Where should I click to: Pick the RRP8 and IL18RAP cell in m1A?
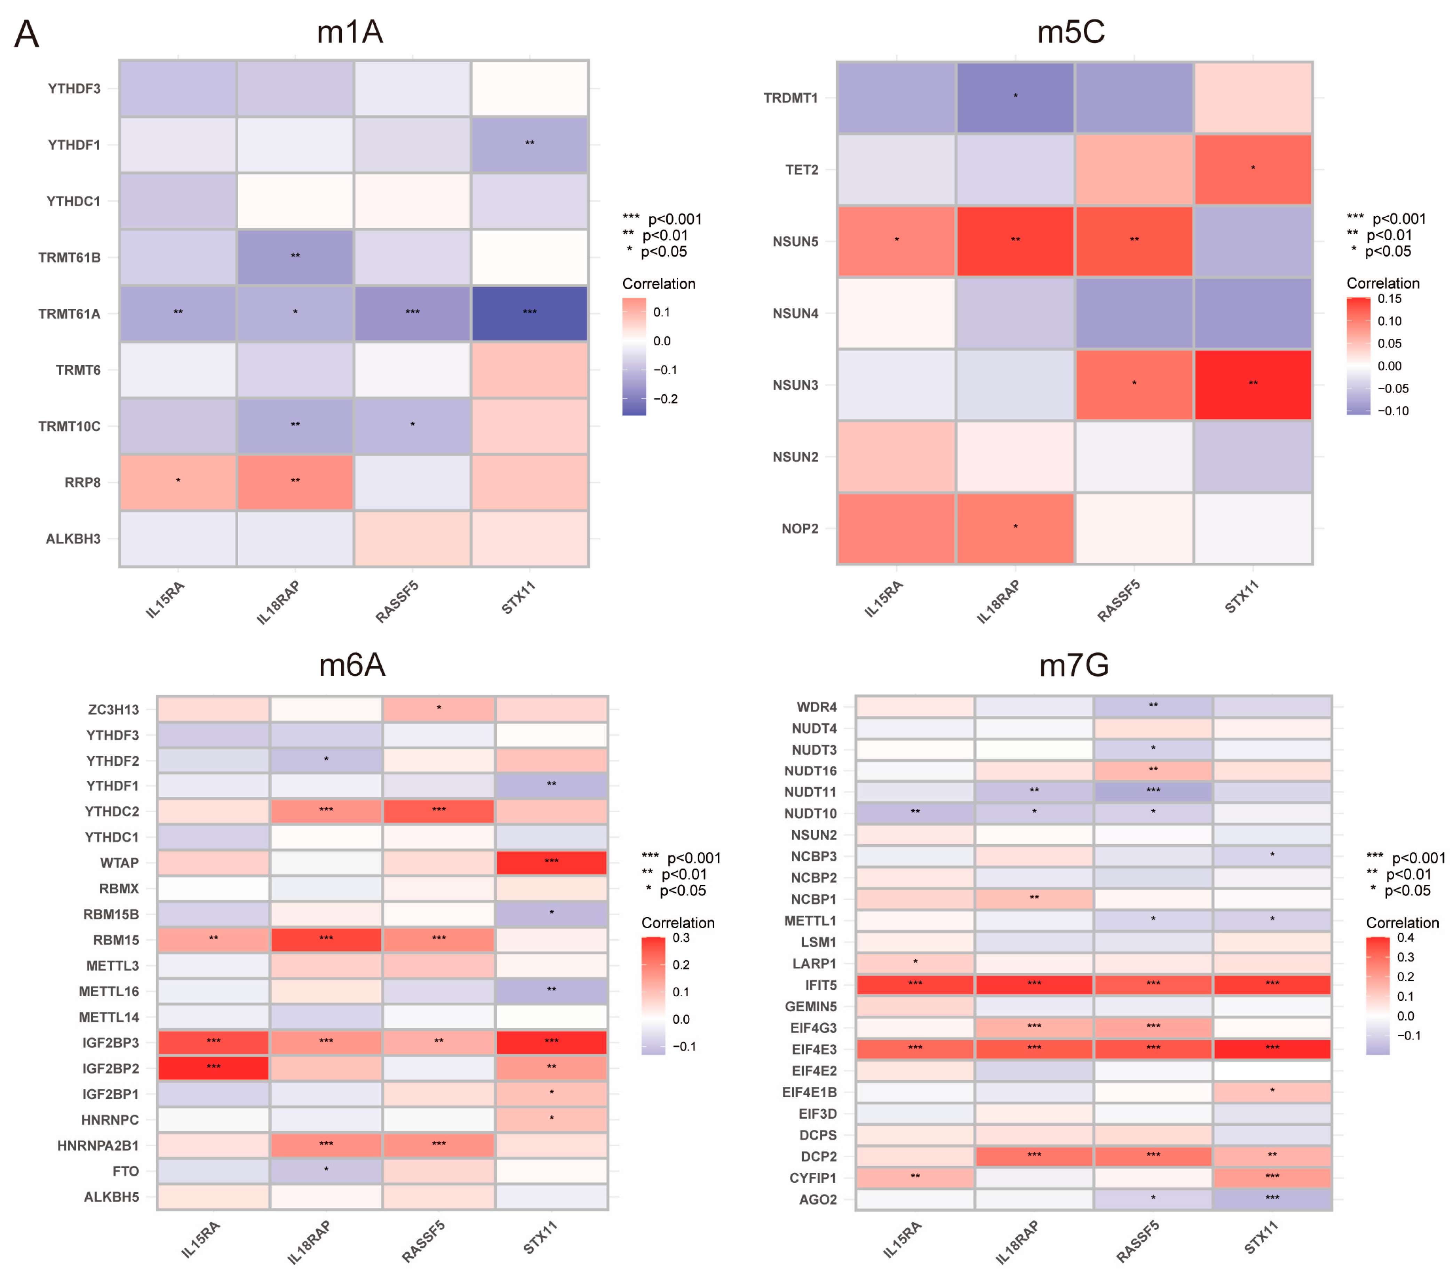click(x=295, y=482)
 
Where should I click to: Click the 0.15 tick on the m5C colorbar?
click(x=1389, y=299)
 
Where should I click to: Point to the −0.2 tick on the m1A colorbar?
click(x=665, y=399)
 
